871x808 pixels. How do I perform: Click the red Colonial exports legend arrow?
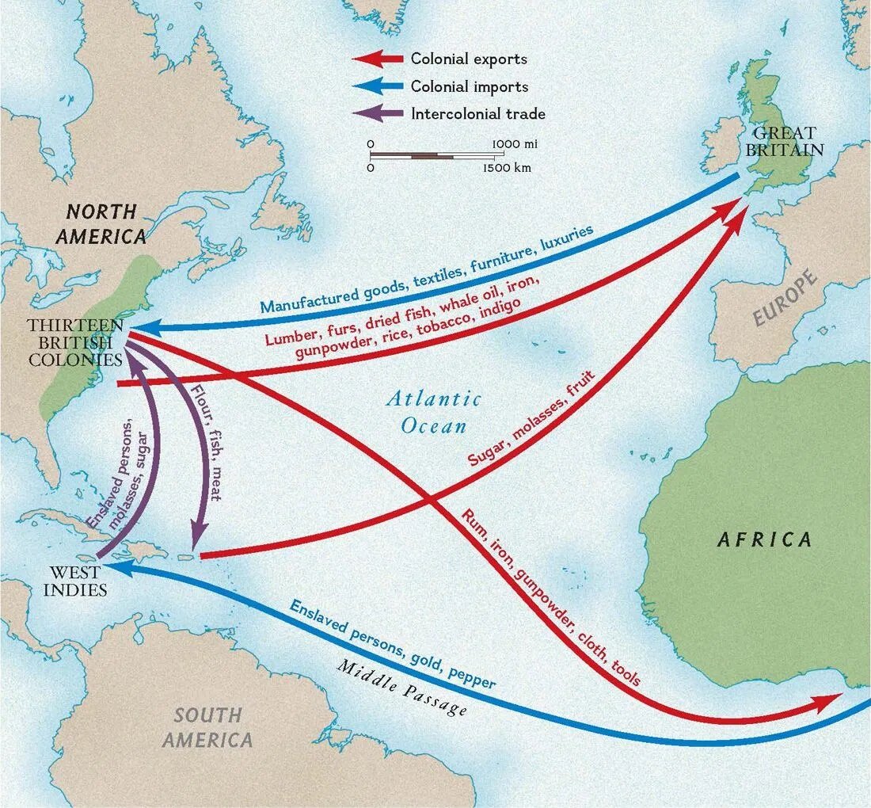tap(378, 59)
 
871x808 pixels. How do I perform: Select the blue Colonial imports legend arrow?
tap(378, 86)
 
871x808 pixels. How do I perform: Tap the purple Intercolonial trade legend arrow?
tap(378, 113)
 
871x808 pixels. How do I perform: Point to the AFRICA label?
tap(764, 540)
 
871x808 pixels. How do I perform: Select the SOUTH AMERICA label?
tap(207, 727)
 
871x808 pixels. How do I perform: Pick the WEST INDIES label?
tap(75, 581)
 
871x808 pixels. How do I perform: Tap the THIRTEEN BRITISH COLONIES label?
tap(74, 342)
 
